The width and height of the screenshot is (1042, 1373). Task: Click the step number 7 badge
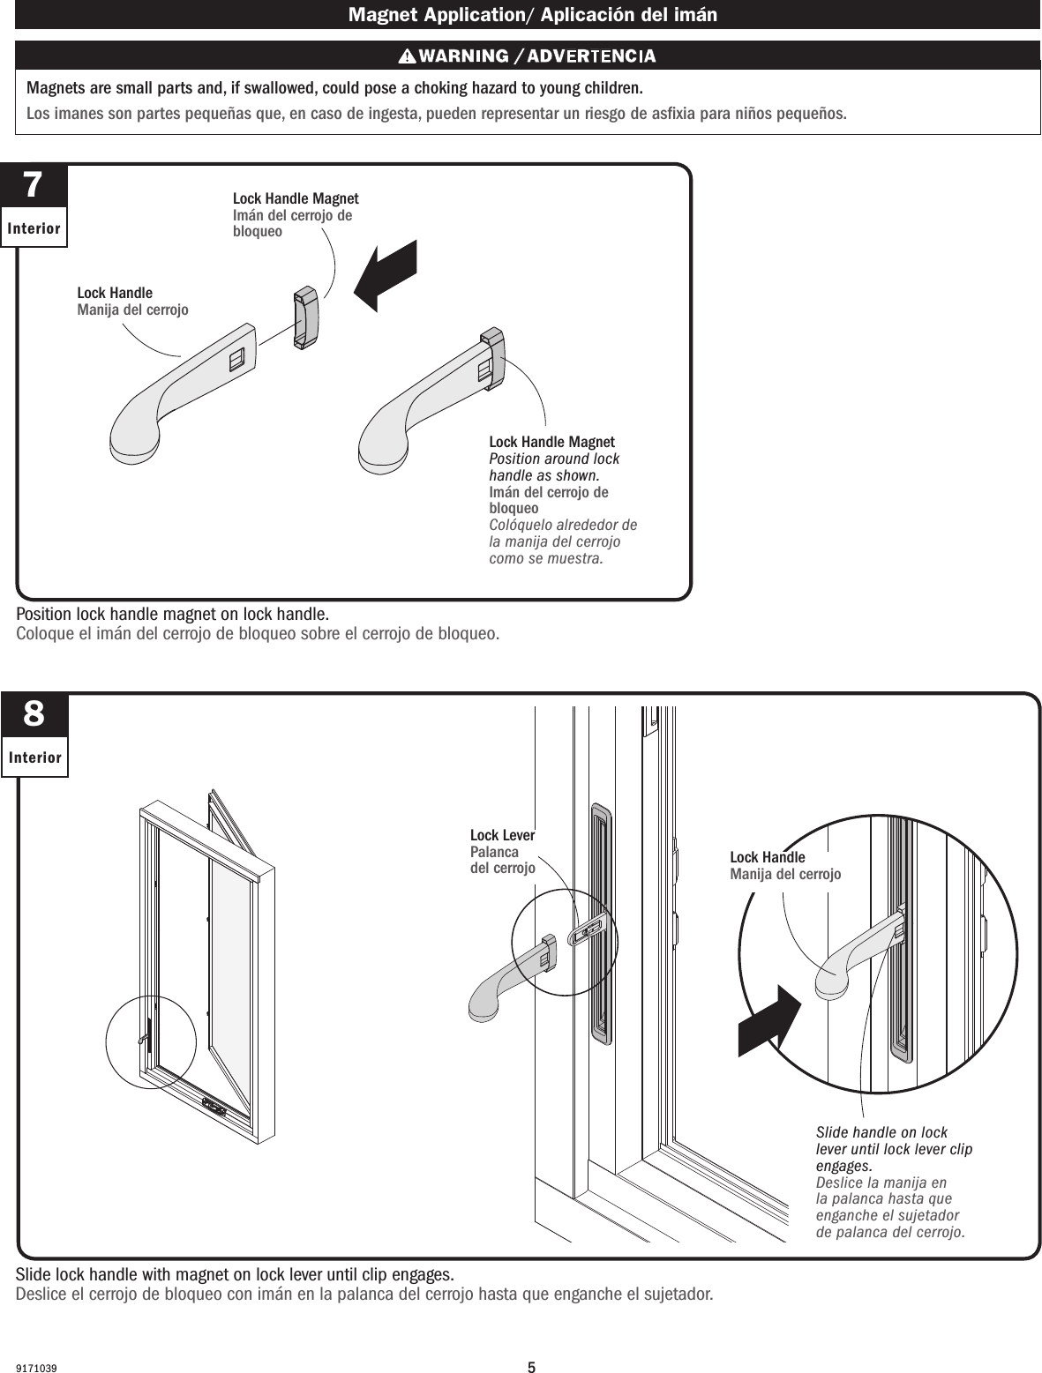click(33, 186)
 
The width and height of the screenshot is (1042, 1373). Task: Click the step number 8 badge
click(34, 713)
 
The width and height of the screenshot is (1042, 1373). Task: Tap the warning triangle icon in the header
click(407, 56)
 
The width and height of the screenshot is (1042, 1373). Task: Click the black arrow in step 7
click(384, 275)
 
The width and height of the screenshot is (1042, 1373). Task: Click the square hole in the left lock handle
click(236, 360)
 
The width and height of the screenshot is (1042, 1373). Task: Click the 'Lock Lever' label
click(502, 835)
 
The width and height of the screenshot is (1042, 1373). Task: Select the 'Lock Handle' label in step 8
click(767, 857)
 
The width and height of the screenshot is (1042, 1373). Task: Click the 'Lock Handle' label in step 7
click(115, 293)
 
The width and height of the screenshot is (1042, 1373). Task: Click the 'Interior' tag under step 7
click(34, 229)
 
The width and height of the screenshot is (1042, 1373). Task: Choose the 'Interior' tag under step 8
click(34, 757)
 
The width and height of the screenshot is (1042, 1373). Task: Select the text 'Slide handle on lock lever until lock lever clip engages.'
click(893, 1149)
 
